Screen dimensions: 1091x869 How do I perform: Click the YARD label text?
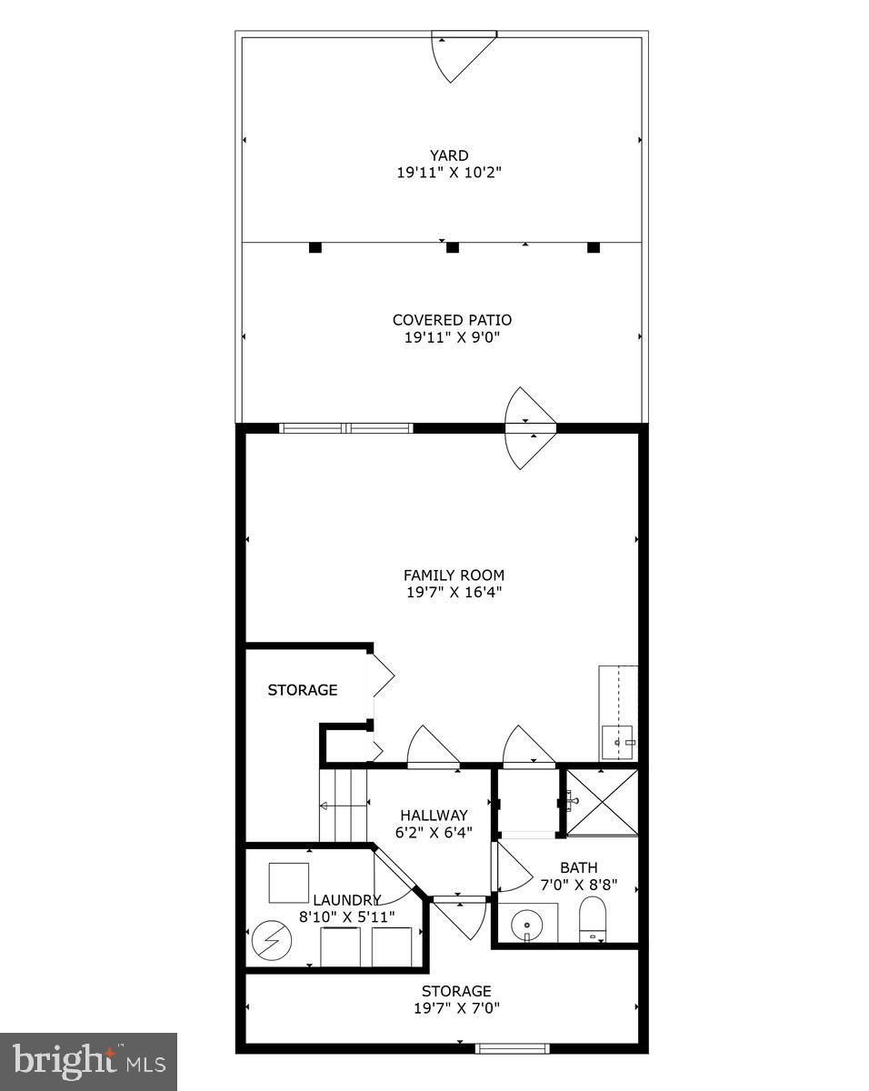449,155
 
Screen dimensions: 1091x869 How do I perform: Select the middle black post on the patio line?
453,247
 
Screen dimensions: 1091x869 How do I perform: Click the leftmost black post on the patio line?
315,247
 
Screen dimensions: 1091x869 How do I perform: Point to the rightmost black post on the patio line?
594,247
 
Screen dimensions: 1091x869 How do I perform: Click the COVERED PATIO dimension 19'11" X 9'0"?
452,337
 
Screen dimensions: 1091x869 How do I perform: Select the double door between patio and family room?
531,427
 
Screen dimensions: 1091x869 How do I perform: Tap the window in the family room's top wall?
346,428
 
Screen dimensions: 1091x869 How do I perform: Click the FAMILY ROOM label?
454,575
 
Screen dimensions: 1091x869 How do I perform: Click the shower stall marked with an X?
602,801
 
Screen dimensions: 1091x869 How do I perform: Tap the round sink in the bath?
526,926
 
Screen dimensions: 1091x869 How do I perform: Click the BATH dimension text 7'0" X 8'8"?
578,885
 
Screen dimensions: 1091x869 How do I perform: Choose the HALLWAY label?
434,816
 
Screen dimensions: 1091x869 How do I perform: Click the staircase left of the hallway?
343,806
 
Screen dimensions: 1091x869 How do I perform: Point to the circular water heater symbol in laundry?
269,941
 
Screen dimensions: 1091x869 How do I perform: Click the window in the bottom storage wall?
513,1048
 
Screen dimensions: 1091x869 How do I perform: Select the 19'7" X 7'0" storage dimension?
455,1007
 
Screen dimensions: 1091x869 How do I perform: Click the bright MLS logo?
88,1061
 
